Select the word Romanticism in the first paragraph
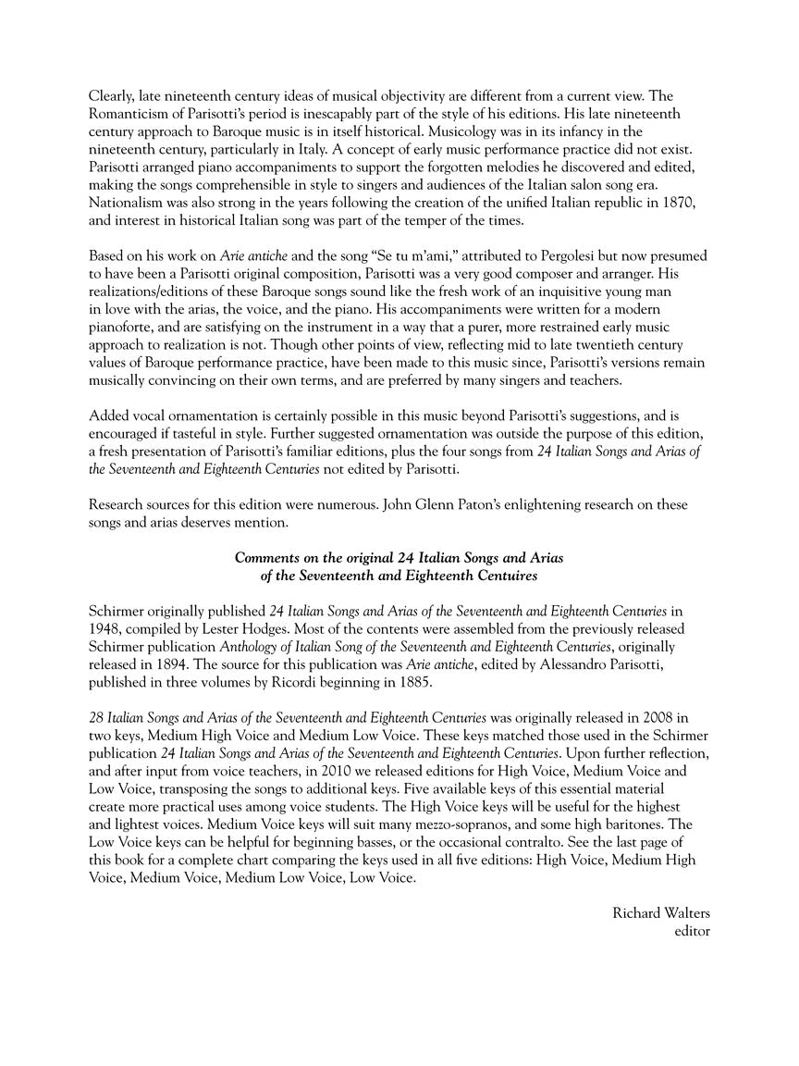point(130,113)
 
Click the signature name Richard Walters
point(660,912)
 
